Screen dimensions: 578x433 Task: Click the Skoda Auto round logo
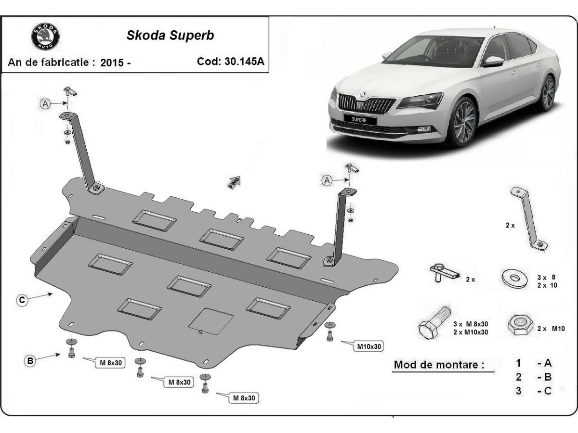pos(45,36)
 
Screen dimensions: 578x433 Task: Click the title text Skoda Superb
pos(170,35)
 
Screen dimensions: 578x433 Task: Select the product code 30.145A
pos(244,62)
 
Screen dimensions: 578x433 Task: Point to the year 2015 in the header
pos(112,63)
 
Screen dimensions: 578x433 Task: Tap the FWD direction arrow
pos(234,182)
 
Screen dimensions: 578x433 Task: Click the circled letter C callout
pos(22,300)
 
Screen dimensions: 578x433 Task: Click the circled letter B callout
pos(30,361)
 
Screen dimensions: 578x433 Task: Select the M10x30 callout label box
pos(369,346)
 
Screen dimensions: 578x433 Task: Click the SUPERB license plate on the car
pos(360,120)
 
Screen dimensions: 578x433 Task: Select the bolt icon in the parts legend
pos(434,323)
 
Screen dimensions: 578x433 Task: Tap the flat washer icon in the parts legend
pos(514,278)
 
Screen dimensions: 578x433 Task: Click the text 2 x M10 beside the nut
pos(551,329)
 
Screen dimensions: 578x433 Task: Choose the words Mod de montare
pos(439,365)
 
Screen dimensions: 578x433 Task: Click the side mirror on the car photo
pos(493,61)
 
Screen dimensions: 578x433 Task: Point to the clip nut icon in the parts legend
pos(445,273)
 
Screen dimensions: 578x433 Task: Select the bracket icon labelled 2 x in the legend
pos(529,218)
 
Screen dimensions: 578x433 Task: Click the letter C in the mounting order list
pos(548,391)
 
